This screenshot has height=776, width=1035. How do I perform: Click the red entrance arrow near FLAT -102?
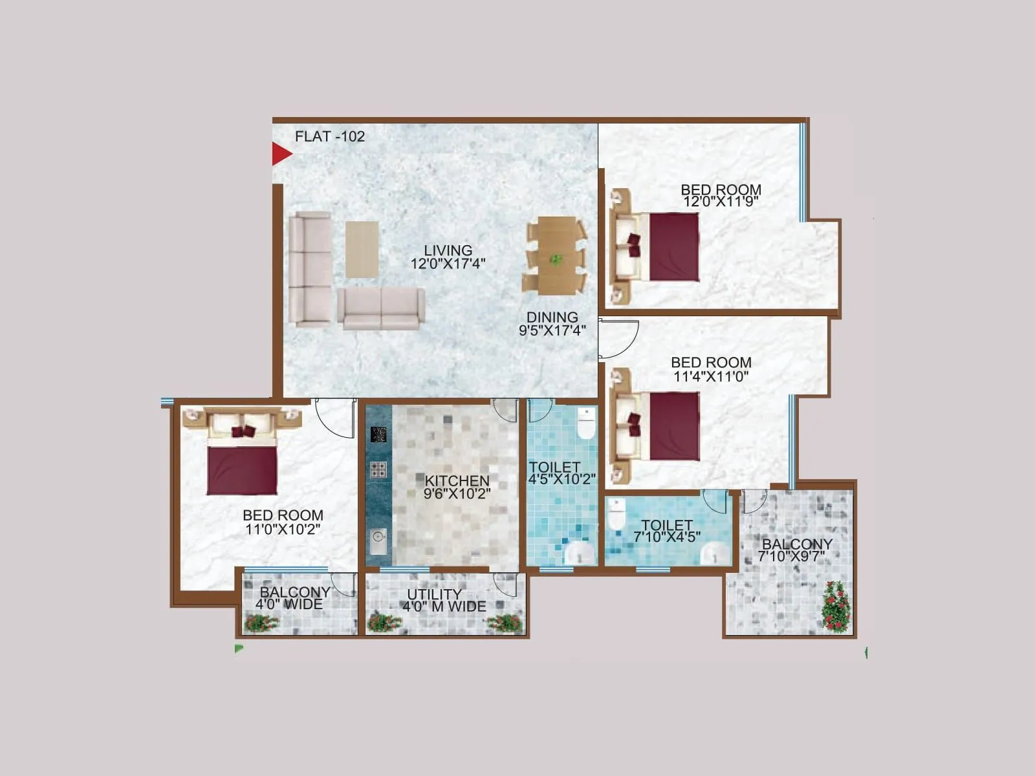tap(281, 154)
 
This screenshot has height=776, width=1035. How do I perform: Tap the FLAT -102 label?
tap(330, 136)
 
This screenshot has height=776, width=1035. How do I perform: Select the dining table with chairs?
tap(555, 255)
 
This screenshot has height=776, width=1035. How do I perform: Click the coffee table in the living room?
tap(362, 249)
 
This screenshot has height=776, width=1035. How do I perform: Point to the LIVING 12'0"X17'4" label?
tap(448, 257)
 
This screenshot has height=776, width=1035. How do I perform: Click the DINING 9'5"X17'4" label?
tap(552, 324)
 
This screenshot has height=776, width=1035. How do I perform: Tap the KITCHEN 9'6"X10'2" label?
tap(457, 487)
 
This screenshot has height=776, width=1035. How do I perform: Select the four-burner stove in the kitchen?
tap(378, 469)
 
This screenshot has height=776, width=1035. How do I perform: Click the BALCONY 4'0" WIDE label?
tap(292, 598)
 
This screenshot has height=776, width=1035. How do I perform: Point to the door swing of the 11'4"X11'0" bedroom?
tap(616, 338)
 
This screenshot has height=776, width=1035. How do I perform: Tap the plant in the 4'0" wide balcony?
tap(261, 623)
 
